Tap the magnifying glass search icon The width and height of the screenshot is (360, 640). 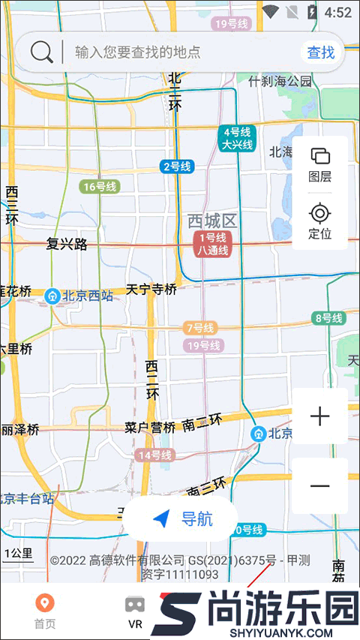(42, 52)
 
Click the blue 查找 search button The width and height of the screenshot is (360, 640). (321, 52)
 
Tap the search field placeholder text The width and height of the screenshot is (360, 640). (137, 53)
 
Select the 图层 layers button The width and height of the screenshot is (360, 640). (319, 165)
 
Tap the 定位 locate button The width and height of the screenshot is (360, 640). (319, 221)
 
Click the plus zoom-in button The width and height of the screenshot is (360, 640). (319, 416)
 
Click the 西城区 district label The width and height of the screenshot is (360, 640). (212, 221)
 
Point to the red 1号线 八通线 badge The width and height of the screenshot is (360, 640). (212, 245)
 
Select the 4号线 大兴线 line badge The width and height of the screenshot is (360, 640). (237, 139)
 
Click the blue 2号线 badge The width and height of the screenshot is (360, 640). (177, 167)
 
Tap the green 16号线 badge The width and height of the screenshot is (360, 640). (99, 187)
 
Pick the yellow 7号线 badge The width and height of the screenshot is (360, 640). (199, 328)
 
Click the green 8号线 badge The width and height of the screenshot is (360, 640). (328, 318)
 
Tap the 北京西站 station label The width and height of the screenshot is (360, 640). (79, 296)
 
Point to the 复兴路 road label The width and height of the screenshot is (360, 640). (67, 244)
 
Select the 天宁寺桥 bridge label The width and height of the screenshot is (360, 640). (151, 289)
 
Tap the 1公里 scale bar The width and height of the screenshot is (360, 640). (18, 555)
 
